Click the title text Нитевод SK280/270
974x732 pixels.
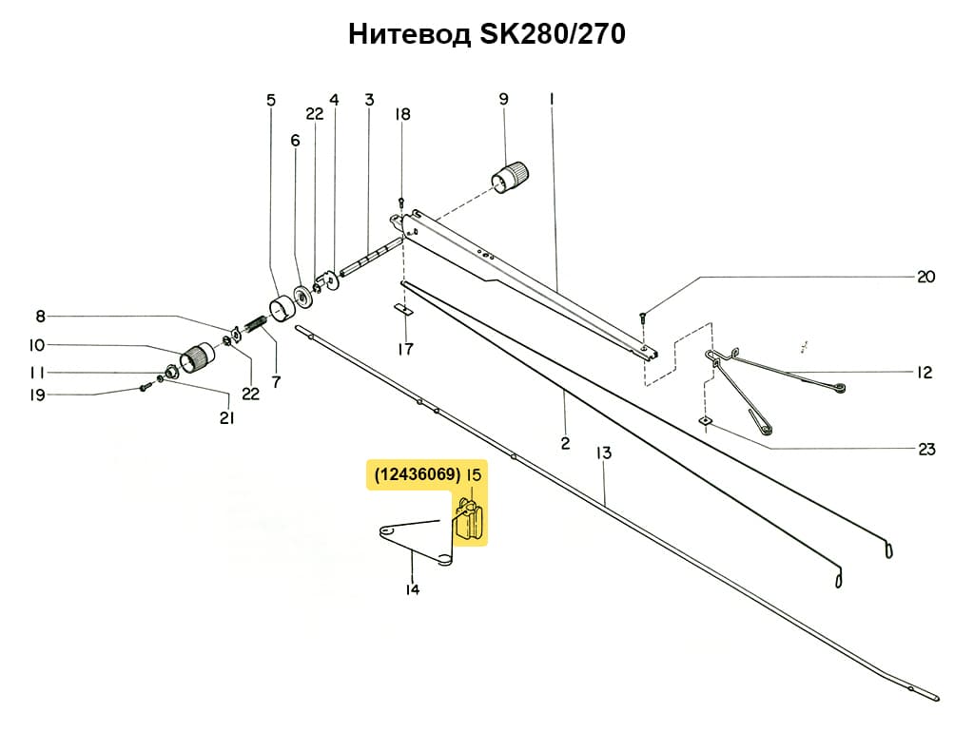tap(486, 35)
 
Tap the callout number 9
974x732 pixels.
tap(503, 98)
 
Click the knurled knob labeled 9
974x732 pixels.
tap(512, 176)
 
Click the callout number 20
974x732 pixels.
tap(926, 277)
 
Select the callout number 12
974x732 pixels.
tap(925, 373)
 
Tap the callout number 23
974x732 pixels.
tap(926, 450)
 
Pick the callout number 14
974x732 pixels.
tap(412, 589)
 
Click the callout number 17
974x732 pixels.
tap(405, 349)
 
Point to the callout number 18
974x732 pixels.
tap(403, 114)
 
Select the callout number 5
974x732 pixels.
tap(271, 99)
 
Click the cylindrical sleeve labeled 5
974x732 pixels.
tap(282, 310)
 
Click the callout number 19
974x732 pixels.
tap(37, 395)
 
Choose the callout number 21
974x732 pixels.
tap(226, 417)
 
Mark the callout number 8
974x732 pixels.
tap(41, 317)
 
